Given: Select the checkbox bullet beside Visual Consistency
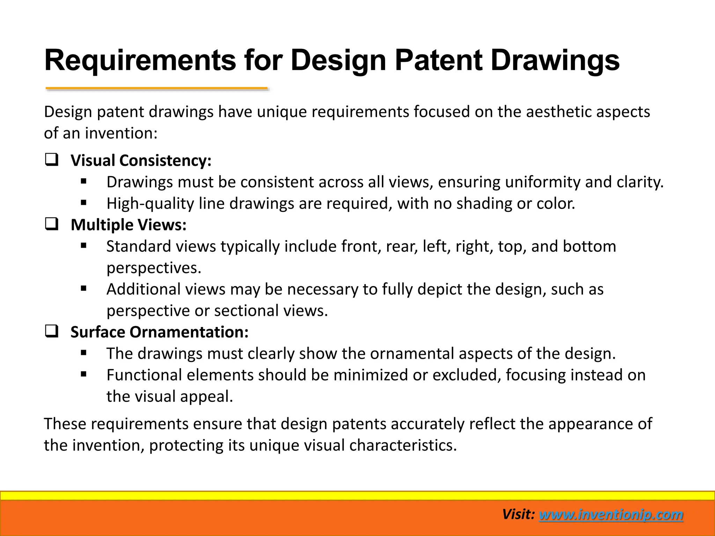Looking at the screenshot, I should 52,160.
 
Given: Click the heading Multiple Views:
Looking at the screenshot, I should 128,225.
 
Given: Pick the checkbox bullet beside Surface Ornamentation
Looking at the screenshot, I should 52,331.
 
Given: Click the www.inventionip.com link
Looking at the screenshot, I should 611,515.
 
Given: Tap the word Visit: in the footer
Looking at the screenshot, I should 518,515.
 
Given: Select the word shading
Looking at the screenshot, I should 484,203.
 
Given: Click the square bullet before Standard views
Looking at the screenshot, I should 83,246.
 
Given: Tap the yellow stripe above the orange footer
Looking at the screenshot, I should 357,496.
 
